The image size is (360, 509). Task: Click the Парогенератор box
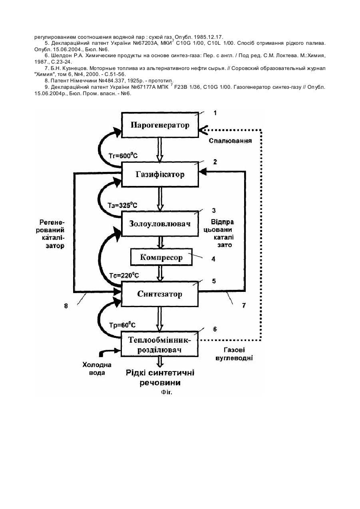coord(160,125)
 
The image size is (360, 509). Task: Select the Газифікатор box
coord(160,174)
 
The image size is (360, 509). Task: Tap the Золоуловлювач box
coord(160,224)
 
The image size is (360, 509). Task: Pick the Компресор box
coord(161,257)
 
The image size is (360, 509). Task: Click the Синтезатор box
coord(160,294)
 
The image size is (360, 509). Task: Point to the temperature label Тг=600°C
coord(123,156)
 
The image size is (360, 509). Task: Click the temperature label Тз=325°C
coord(122,205)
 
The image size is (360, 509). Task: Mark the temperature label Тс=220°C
coord(124,275)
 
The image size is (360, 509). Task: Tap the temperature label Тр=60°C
coord(122,325)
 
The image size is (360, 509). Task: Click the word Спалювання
coord(230,141)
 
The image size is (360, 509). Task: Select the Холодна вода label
coord(97,369)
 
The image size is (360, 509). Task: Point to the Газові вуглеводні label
coord(234,354)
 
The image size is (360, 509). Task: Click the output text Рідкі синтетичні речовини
coord(160,378)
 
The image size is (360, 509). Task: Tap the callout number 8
coord(66,306)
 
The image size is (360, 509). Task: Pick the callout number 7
coord(244,305)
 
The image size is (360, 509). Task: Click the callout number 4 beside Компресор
coord(213,259)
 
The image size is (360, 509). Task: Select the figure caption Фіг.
coord(167,392)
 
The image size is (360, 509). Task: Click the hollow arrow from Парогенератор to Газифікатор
coord(160,150)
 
